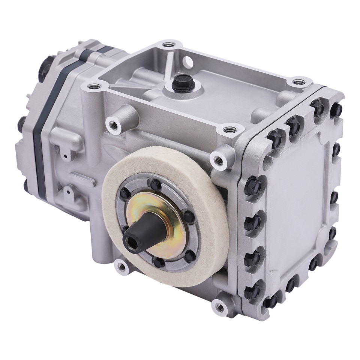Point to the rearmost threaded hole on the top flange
coord(168,45)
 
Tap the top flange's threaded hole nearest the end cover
coord(298,81)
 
